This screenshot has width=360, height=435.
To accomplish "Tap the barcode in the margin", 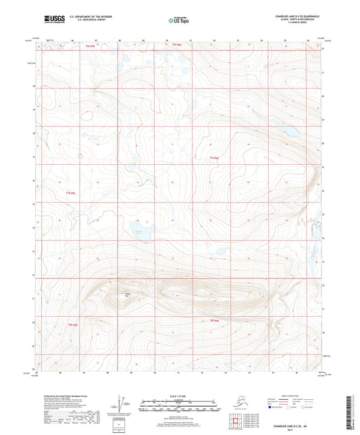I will pyautogui.click(x=351, y=412).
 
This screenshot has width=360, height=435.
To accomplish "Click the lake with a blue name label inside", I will pyautogui.click(x=140, y=232).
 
